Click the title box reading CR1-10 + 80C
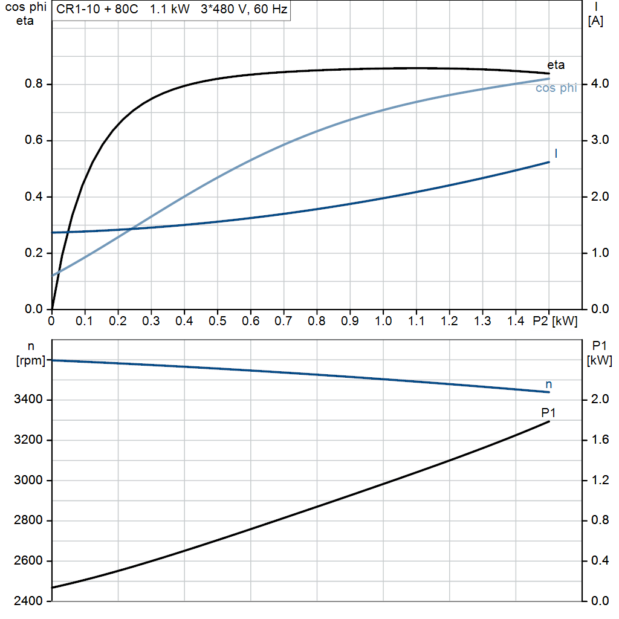click(x=171, y=10)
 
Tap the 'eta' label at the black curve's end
click(x=556, y=65)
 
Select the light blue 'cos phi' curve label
click(x=556, y=88)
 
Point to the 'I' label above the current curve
click(x=556, y=153)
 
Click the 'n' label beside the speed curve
click(x=549, y=384)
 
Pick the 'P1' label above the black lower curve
click(x=548, y=412)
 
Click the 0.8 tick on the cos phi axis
click(x=34, y=83)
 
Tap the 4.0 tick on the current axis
click(x=600, y=83)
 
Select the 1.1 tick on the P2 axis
click(x=416, y=321)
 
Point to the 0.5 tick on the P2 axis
click(x=217, y=321)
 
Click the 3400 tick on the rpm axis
click(x=28, y=399)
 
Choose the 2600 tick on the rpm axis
click(x=28, y=560)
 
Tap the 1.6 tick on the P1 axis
click(x=600, y=439)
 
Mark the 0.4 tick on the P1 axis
click(x=600, y=560)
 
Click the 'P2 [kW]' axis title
click(x=555, y=321)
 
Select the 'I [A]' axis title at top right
click(x=595, y=14)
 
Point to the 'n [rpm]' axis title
click(x=31, y=353)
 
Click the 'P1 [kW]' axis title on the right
click(x=600, y=353)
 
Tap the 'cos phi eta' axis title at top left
click(x=25, y=14)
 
